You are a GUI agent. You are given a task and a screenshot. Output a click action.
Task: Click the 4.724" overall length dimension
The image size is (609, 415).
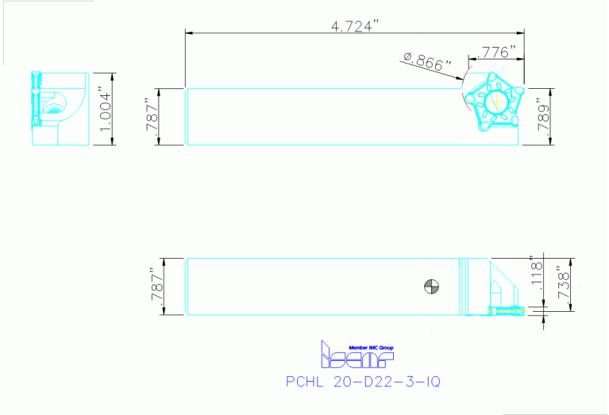point(355,25)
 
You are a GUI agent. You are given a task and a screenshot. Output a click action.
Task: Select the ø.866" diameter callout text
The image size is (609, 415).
point(426,61)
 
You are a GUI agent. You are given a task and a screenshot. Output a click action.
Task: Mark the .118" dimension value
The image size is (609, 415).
point(536,275)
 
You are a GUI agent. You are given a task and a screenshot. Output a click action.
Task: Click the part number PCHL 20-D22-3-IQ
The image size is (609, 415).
point(361,382)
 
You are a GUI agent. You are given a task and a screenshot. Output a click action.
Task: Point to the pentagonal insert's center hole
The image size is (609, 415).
point(499,102)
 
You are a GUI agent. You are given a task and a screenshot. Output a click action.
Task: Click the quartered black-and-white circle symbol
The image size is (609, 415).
point(430,286)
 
